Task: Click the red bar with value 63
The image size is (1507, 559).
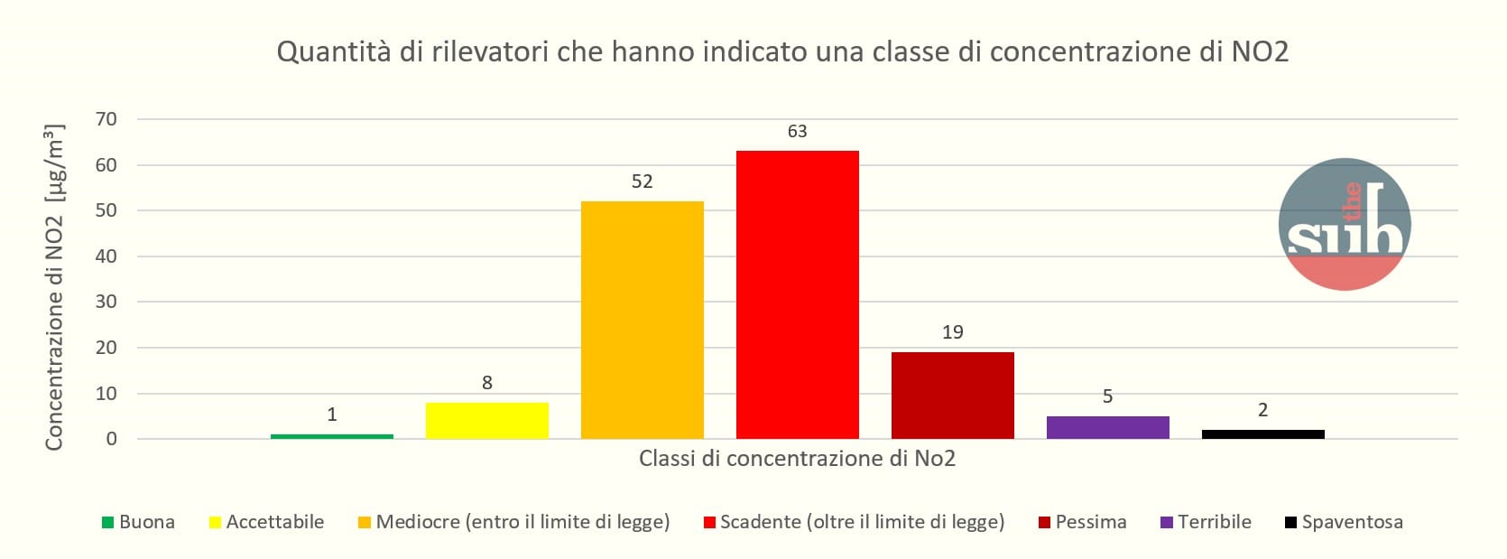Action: tap(797, 294)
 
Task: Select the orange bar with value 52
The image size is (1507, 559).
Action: tap(642, 320)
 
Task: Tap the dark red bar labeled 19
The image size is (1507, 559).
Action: tap(952, 395)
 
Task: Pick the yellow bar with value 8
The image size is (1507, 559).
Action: tap(486, 421)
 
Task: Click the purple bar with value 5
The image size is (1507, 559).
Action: tap(1107, 427)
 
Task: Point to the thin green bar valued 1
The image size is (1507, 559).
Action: tap(331, 436)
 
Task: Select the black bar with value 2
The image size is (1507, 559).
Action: tap(1262, 434)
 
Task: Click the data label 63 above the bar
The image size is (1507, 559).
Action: tap(797, 132)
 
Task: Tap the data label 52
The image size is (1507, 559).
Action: tap(642, 182)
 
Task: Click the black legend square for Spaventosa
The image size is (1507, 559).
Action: tap(1290, 523)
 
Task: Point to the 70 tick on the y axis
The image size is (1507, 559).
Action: tap(106, 119)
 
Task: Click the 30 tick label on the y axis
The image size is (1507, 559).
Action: tap(106, 302)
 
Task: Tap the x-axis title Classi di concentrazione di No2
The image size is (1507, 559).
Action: tap(797, 459)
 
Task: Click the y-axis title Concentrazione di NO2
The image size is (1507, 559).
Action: tap(55, 287)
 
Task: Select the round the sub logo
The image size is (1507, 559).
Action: tap(1345, 224)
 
